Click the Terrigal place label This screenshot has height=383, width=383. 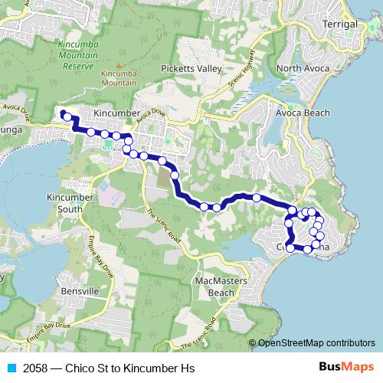tap(341, 25)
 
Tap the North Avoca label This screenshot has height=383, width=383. tap(303, 69)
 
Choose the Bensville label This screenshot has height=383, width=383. tap(79, 292)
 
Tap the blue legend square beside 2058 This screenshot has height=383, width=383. tap(11, 368)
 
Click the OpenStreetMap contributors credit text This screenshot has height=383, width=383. tap(316, 343)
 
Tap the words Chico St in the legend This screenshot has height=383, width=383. tap(93, 368)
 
